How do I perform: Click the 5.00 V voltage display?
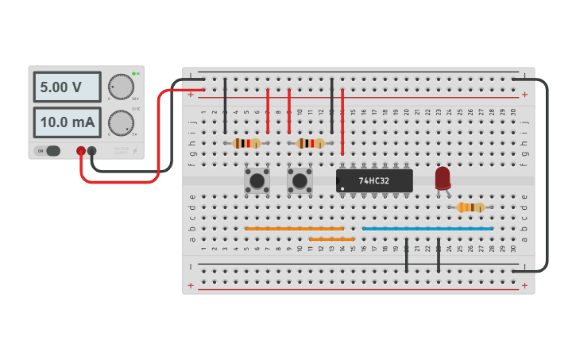(x=67, y=87)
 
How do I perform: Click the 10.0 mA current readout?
(x=67, y=122)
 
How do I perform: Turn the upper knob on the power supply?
(x=121, y=87)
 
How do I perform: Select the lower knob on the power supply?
(x=121, y=122)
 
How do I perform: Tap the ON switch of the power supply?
(x=49, y=151)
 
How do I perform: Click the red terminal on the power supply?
(x=81, y=150)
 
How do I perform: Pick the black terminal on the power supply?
(x=92, y=150)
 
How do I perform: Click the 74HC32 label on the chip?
(x=374, y=181)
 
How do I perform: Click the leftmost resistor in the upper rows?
(x=247, y=144)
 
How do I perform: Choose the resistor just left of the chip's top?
(x=311, y=144)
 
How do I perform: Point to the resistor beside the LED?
(x=470, y=207)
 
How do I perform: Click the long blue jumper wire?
(x=427, y=229)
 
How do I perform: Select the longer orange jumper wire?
(x=294, y=229)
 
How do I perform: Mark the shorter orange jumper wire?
(x=331, y=239)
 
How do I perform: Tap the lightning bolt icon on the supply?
(x=135, y=150)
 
